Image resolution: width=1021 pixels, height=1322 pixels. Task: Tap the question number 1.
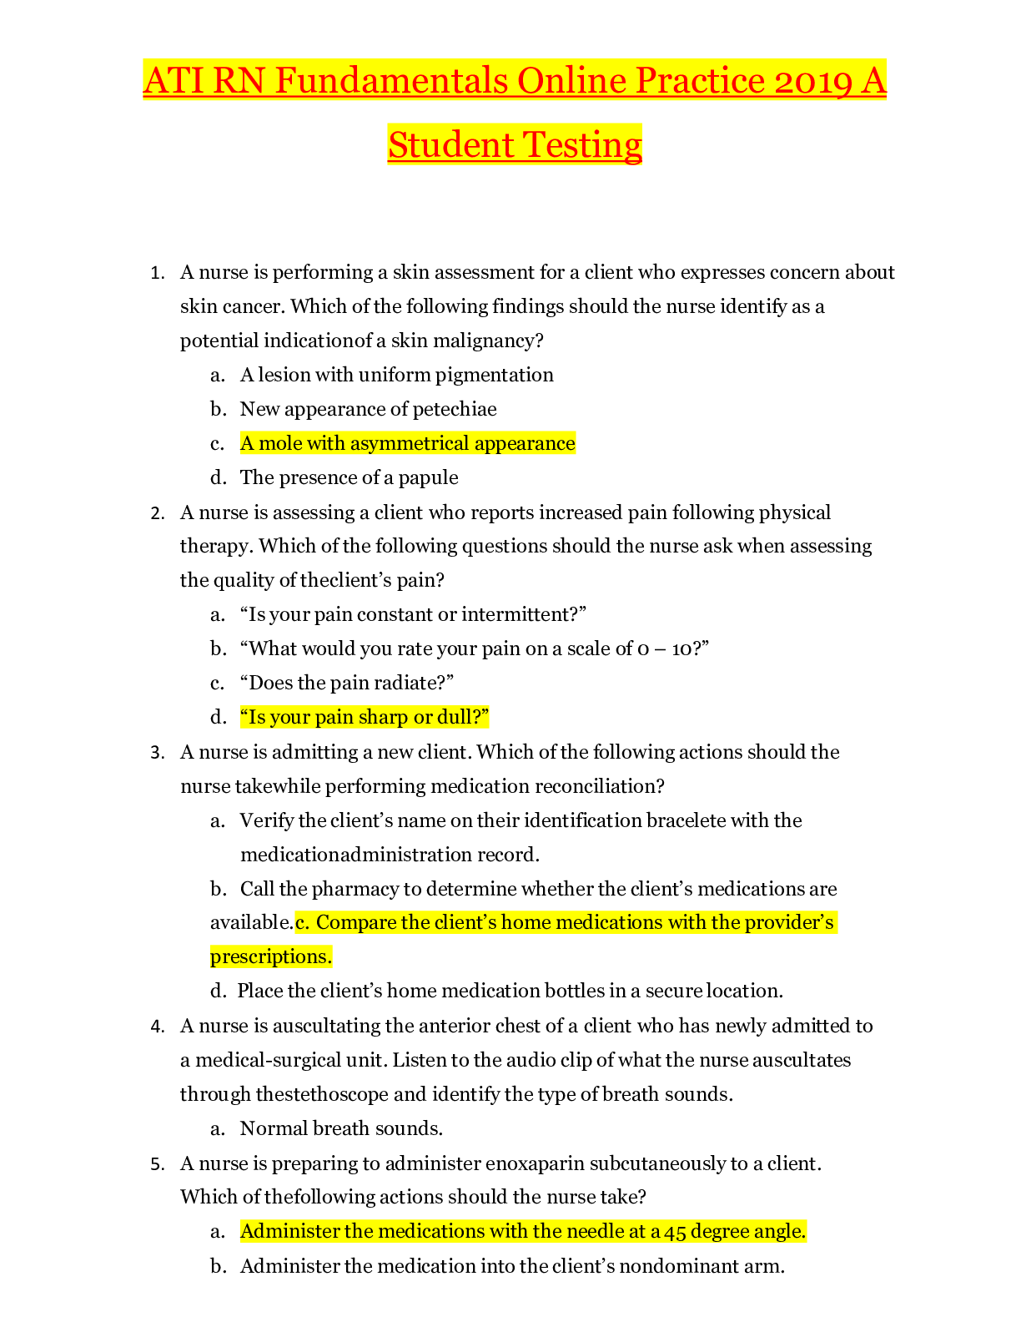point(156,273)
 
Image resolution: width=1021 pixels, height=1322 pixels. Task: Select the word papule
point(427,477)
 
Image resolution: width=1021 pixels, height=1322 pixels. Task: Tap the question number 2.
point(156,512)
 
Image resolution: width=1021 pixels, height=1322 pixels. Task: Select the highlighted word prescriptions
point(271,956)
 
